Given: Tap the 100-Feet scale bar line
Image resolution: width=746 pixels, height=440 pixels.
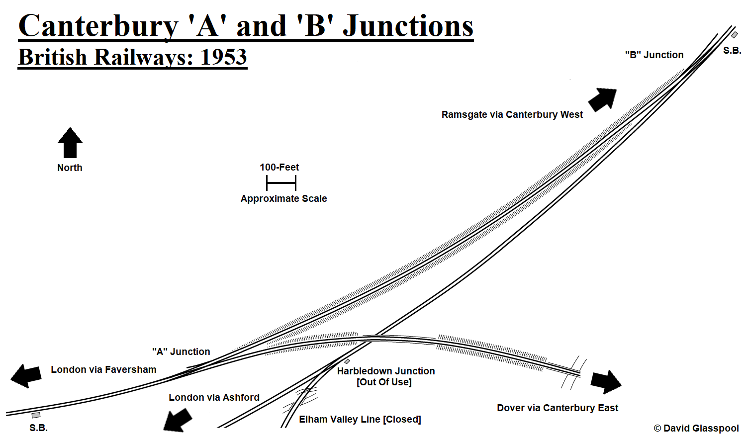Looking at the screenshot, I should point(281,183).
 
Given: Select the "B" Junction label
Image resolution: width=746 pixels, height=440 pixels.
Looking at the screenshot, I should point(654,55).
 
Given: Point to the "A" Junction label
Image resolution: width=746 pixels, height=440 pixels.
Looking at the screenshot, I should point(181,352).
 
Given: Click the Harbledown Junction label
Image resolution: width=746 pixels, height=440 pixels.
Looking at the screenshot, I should point(385,371).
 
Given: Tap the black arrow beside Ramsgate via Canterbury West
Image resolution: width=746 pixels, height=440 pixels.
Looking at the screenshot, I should point(603,99).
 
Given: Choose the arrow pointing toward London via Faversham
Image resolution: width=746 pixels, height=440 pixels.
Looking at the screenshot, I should point(26,376).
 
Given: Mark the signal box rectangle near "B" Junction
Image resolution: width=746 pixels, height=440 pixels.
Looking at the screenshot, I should point(734,35).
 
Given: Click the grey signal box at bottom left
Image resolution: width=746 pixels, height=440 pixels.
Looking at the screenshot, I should point(36,415).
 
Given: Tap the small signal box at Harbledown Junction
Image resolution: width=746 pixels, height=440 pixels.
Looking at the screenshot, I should point(347,361).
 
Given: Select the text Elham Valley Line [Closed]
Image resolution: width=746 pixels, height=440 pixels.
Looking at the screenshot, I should point(360,420).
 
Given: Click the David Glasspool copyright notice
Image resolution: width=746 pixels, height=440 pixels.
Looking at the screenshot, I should point(696,429).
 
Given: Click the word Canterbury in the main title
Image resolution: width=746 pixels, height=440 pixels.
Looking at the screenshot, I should point(98,26).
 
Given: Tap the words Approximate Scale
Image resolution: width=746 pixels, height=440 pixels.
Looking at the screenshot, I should point(283,199).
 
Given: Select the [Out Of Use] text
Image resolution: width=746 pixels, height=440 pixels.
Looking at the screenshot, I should point(384,382).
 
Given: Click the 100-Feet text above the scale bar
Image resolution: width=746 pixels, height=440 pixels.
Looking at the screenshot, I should point(279,168).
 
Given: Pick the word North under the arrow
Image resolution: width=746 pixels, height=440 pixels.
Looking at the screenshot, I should point(70,168).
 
